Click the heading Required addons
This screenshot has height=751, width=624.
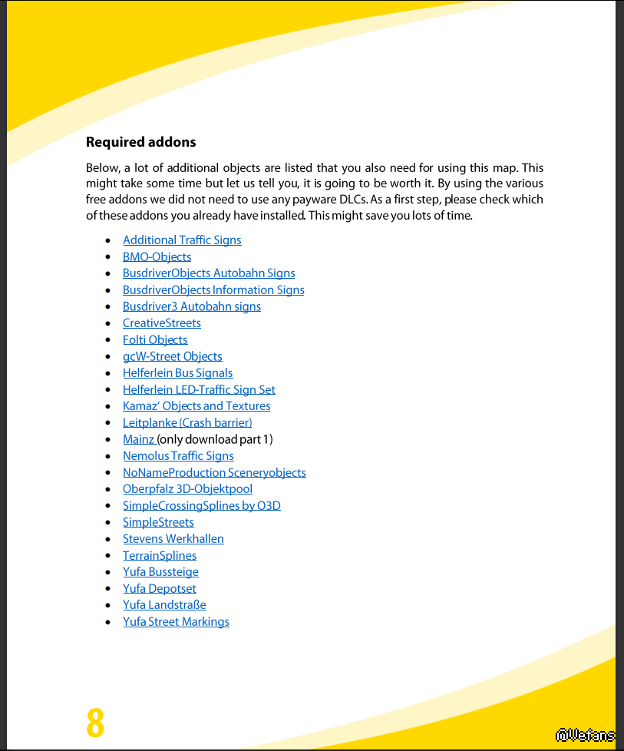coord(140,142)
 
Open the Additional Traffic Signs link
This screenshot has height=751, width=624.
coord(182,240)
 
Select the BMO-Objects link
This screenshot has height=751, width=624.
coord(157,257)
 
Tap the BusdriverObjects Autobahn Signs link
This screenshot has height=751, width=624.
coord(209,273)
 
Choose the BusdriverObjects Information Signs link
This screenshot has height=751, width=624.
coord(213,290)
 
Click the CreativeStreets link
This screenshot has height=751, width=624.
coord(162,323)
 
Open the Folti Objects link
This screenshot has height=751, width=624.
coord(155,340)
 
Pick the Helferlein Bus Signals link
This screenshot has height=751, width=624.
coord(177,373)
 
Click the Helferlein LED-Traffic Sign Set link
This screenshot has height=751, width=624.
coord(199,390)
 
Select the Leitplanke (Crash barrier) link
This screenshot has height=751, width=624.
coord(187,423)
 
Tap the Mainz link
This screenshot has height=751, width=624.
coord(139,440)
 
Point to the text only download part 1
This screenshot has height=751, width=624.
coord(216,440)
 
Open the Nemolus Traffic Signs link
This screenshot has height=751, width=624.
coord(178,456)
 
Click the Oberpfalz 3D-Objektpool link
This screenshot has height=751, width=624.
coord(187,489)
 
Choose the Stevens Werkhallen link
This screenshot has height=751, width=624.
coord(173,539)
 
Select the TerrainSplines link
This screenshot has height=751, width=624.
coord(160,556)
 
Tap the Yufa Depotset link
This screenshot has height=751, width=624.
coord(160,589)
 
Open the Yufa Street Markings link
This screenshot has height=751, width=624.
coord(176,622)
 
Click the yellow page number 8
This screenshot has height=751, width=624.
coord(95,722)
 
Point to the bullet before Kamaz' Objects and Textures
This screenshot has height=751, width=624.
coord(107,407)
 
